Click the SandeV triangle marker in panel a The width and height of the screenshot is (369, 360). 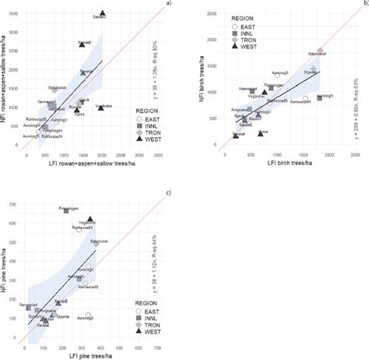point(102,12)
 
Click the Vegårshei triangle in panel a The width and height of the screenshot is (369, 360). point(101,108)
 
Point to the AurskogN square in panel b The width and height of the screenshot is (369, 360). point(319,97)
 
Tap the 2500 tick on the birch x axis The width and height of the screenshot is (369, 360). point(355,155)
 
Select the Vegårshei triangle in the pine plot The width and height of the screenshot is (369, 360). point(90,220)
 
